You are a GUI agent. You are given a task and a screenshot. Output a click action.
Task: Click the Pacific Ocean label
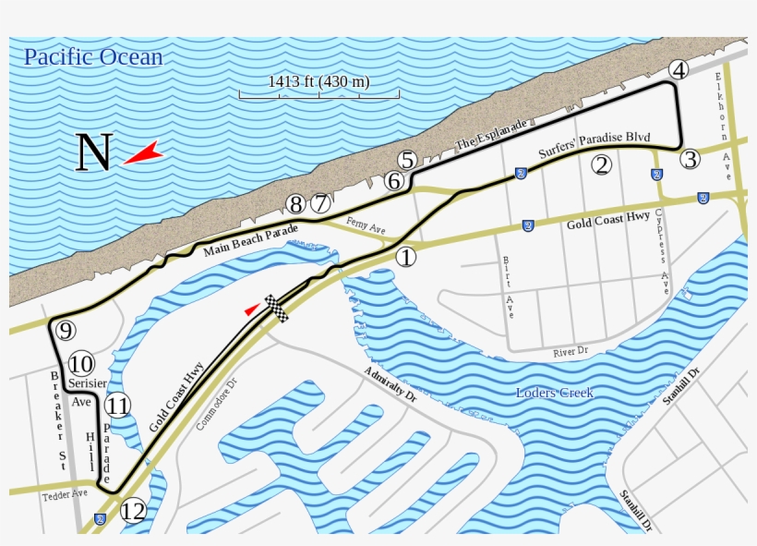pos(93,57)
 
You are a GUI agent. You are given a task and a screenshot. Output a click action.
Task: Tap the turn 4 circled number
pos(679,70)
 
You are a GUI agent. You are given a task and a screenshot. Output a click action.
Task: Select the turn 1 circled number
pos(406,257)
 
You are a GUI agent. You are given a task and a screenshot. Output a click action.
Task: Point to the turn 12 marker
pos(134,510)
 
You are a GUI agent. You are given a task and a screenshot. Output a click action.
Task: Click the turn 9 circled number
pos(65,330)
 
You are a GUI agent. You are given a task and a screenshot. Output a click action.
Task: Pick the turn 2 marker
pos(601,164)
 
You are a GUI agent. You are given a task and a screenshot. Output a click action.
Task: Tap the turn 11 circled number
pos(116,405)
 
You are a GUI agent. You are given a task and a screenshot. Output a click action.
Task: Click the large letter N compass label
pos(93,153)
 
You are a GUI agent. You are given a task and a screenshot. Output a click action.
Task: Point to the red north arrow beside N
pos(142,154)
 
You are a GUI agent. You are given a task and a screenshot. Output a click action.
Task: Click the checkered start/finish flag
pos(277,309)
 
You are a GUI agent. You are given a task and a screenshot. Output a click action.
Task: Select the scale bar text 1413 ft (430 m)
pos(319,81)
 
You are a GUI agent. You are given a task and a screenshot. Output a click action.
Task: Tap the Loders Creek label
pos(555,393)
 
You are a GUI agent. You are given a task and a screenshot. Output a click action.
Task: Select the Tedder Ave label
pos(65,495)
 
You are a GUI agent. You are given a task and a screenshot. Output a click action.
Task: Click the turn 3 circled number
pos(690,159)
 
